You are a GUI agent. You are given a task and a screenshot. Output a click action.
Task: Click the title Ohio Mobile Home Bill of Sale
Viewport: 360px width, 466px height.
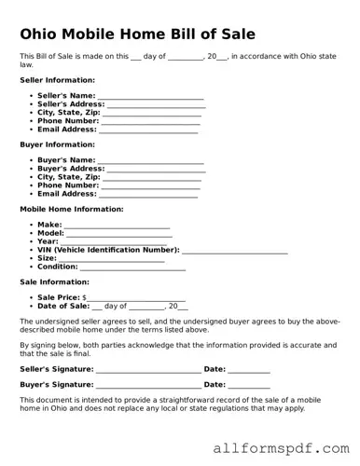tap(137, 34)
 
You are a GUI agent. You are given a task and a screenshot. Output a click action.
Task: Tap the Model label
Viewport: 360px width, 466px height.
tap(50, 233)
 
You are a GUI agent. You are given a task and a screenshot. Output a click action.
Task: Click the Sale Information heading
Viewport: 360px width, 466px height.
tap(54, 281)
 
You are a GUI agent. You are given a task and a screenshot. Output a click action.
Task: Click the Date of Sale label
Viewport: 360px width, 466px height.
tap(63, 306)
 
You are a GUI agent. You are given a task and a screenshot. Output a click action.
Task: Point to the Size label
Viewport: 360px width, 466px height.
tap(47, 258)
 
